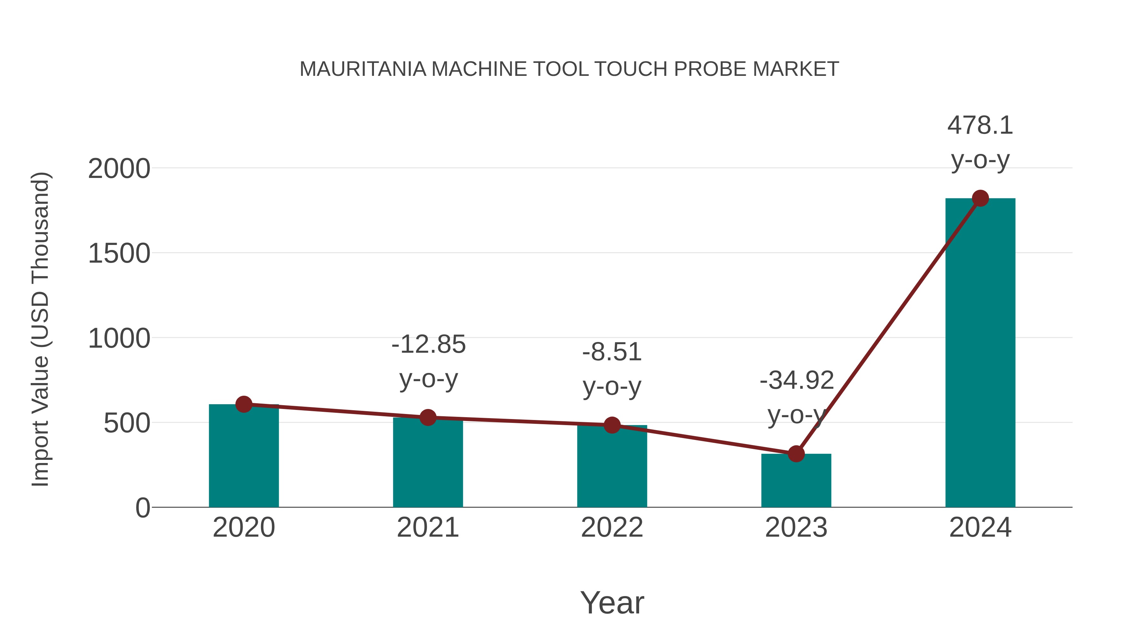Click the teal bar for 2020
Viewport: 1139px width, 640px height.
pos(244,459)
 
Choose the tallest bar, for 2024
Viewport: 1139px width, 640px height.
pos(980,353)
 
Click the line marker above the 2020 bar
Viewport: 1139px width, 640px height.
pos(244,404)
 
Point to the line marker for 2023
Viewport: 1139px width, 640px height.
pos(796,454)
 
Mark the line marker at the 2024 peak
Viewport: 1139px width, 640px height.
pos(980,198)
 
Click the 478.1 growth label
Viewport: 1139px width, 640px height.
pos(980,125)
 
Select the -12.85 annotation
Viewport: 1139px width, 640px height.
pos(428,344)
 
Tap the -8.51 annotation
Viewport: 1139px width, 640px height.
pos(612,352)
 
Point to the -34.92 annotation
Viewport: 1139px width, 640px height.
pos(797,381)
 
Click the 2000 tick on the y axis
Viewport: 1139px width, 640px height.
pos(119,169)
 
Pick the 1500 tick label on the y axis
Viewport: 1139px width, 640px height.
pos(119,254)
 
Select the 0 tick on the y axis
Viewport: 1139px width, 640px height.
pos(142,508)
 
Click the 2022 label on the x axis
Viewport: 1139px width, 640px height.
pos(612,527)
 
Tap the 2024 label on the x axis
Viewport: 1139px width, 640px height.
pos(980,527)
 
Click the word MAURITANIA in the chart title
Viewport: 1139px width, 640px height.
pos(363,69)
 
